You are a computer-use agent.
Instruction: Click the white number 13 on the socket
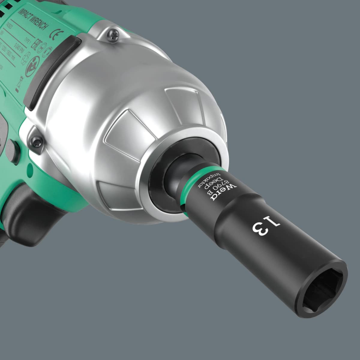(267, 227)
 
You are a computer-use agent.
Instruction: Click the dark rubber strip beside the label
(48, 72)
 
